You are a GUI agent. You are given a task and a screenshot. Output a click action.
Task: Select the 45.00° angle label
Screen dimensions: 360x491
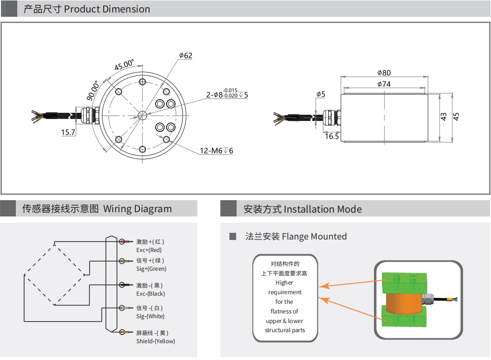click(124, 65)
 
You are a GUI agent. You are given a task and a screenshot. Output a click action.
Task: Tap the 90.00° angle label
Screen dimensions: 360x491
click(93, 90)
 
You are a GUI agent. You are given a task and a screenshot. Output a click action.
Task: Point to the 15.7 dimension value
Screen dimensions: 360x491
click(68, 132)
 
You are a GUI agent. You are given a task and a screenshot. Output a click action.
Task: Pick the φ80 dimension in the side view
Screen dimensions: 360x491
click(384, 73)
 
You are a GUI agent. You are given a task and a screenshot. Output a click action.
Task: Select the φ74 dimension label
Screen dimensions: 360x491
click(384, 84)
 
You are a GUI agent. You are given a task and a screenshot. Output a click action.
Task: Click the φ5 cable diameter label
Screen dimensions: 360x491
click(321, 94)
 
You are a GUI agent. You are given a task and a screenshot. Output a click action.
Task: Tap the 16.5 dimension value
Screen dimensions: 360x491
click(332, 136)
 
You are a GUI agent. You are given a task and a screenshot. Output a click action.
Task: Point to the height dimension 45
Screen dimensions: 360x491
click(456, 116)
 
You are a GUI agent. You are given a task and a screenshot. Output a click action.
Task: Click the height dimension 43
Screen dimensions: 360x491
click(443, 116)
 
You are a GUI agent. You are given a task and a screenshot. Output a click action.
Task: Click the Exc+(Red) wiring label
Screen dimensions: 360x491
click(149, 250)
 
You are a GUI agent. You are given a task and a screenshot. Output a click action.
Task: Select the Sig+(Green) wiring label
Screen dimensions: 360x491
click(151, 269)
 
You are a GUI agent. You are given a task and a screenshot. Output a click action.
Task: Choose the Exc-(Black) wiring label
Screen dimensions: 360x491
click(150, 294)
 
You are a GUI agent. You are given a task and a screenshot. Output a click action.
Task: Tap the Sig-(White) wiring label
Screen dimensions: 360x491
click(150, 316)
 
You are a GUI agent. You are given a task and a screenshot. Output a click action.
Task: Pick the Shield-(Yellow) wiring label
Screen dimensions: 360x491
click(156, 341)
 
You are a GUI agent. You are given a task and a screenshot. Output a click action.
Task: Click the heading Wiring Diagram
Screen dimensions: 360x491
click(137, 209)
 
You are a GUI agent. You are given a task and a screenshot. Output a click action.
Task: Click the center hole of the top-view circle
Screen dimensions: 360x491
click(143, 115)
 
